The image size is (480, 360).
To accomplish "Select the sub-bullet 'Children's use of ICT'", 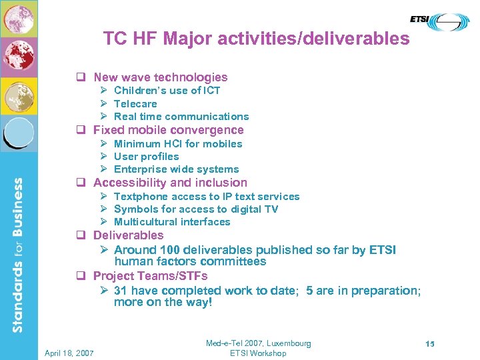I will [x=167, y=91].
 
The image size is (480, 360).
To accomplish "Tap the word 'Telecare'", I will [x=135, y=104].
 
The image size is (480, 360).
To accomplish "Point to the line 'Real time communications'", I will [x=181, y=117].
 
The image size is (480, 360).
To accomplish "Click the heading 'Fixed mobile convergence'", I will [x=168, y=130].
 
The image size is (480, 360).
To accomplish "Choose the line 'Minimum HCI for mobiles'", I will [x=178, y=144].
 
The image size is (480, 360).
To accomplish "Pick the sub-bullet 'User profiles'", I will [x=146, y=157].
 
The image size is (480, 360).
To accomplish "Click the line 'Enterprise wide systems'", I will [x=176, y=169].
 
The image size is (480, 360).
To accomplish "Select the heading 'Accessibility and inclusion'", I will [x=170, y=183].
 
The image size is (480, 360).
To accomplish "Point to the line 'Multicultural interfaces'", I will [x=172, y=222].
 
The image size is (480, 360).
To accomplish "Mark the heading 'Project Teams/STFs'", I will [x=150, y=276].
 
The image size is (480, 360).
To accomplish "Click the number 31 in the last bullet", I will [x=121, y=291].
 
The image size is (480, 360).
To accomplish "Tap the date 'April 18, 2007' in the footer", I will [x=69, y=353].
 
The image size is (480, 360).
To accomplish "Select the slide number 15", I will [x=430, y=344].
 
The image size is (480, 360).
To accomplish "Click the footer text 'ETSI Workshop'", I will [x=258, y=353].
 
